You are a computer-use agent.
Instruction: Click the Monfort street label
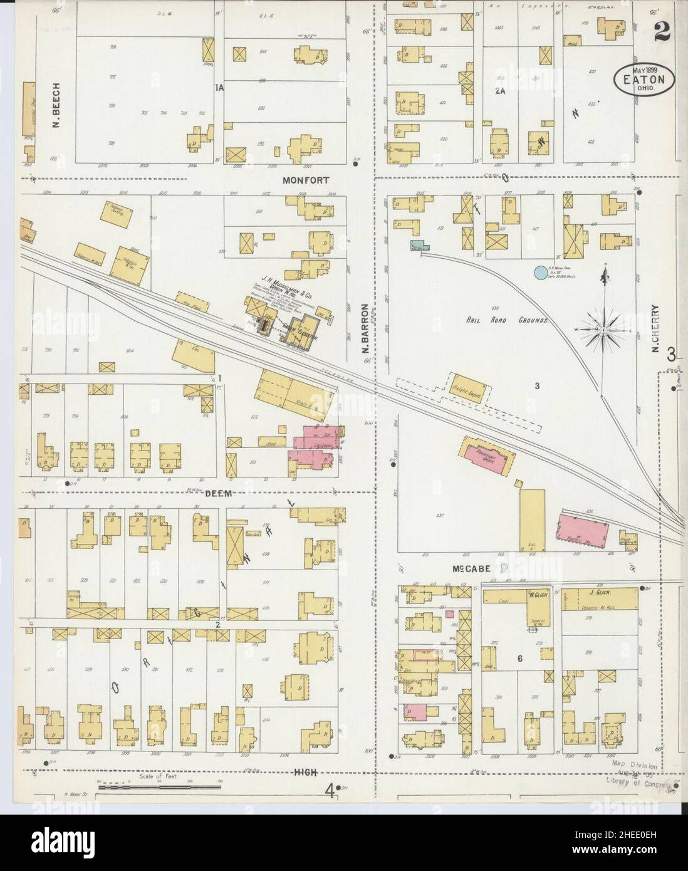pyautogui.click(x=305, y=179)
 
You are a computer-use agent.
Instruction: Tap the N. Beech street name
pyautogui.click(x=56, y=105)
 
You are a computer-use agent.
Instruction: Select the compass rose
pyautogui.click(x=602, y=327)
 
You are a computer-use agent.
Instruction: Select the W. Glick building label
pyautogui.click(x=537, y=594)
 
